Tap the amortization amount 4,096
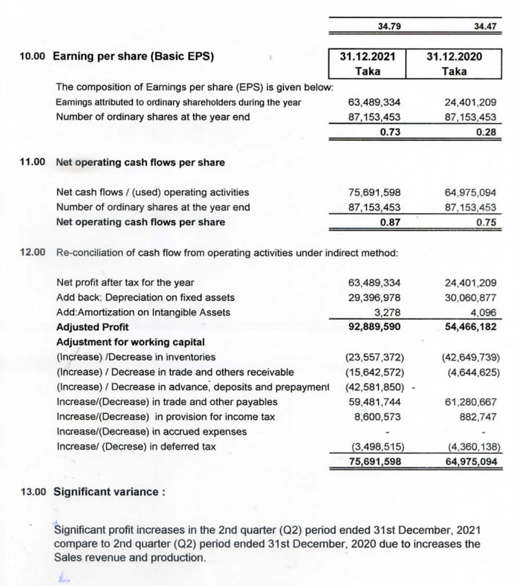[484, 312]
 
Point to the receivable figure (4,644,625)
[470, 372]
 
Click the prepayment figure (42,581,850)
[374, 386]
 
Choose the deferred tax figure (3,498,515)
[376, 447]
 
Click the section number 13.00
[33, 491]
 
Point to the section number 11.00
[33, 162]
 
